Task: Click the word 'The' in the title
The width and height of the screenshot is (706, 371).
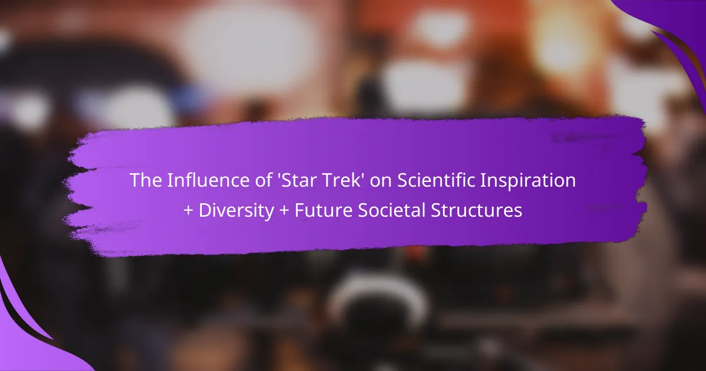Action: click(146, 180)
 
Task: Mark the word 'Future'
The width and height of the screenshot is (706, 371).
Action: click(323, 211)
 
